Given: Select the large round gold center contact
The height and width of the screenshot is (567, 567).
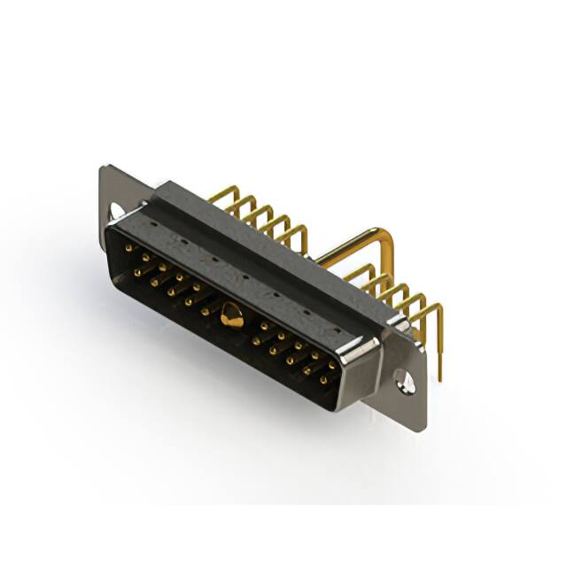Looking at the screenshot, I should click(232, 314).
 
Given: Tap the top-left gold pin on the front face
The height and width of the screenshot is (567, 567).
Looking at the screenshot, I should click(129, 249).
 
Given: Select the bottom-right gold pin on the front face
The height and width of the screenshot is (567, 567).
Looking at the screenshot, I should click(323, 380).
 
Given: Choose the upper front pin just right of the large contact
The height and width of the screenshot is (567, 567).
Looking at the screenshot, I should click(263, 326).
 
